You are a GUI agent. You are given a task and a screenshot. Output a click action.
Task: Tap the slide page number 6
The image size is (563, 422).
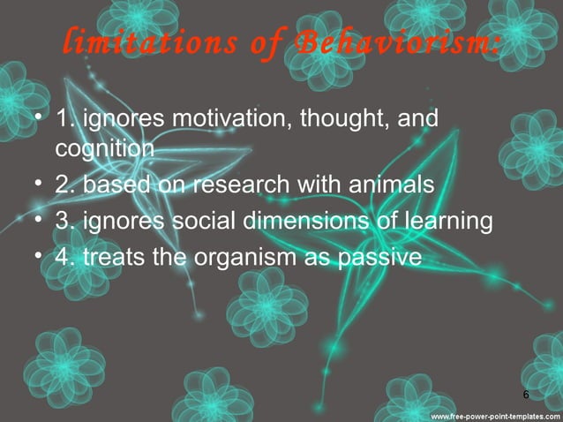pyautogui.click(x=526, y=394)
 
